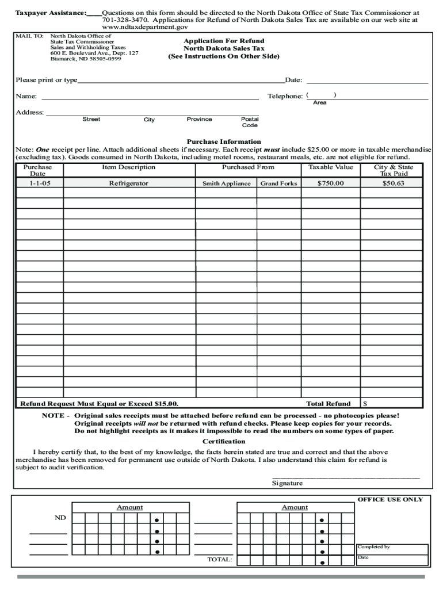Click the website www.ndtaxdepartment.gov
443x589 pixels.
pyautogui.click(x=144, y=27)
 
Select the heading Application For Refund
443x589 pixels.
pyautogui.click(x=224, y=41)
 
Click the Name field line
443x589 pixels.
pyautogui.click(x=150, y=98)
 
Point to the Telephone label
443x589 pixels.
pyautogui.click(x=285, y=96)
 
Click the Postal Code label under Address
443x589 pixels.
pyautogui.click(x=250, y=122)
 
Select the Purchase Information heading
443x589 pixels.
pyautogui.click(x=224, y=141)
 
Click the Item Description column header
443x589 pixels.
pyautogui.click(x=128, y=167)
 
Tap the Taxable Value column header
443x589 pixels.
pyautogui.click(x=330, y=167)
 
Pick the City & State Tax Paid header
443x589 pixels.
pyautogui.click(x=394, y=170)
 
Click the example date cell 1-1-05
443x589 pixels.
pyautogui.click(x=39, y=183)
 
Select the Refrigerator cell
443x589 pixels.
pyautogui.click(x=128, y=183)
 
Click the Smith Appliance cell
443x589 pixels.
pyautogui.click(x=226, y=183)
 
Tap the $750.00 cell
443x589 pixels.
pyautogui.click(x=330, y=183)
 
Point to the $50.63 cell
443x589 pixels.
pyautogui.click(x=394, y=183)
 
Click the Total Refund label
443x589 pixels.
pyautogui.click(x=328, y=404)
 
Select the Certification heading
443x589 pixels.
pyautogui.click(x=224, y=441)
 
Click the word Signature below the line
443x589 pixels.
pyautogui.click(x=287, y=483)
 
